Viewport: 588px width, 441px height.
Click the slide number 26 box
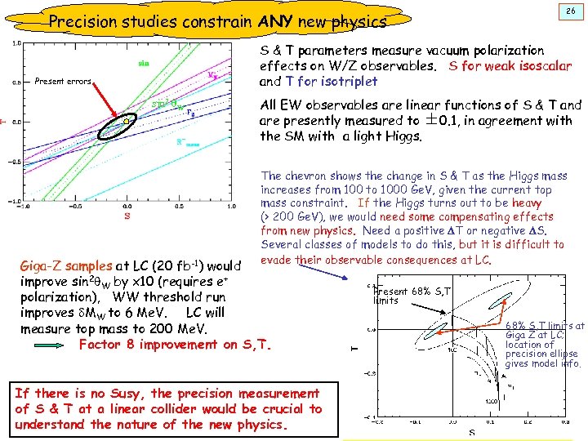(x=568, y=11)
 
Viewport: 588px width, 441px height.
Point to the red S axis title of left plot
(x=127, y=216)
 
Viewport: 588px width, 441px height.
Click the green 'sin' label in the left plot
(x=143, y=62)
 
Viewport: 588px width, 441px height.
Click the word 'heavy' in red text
(x=526, y=203)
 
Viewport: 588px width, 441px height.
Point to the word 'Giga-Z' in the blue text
(x=40, y=265)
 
